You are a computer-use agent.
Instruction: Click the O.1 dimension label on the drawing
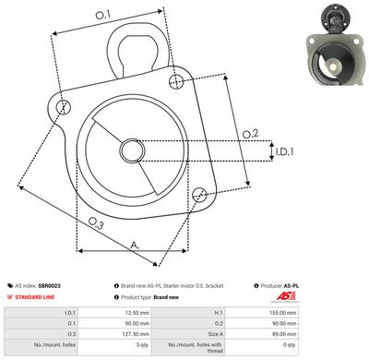102,15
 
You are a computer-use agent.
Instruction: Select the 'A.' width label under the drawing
134,246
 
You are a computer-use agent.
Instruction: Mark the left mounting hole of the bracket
63,108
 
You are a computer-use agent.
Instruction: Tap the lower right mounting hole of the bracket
199,193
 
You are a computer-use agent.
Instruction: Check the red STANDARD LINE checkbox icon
9,298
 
